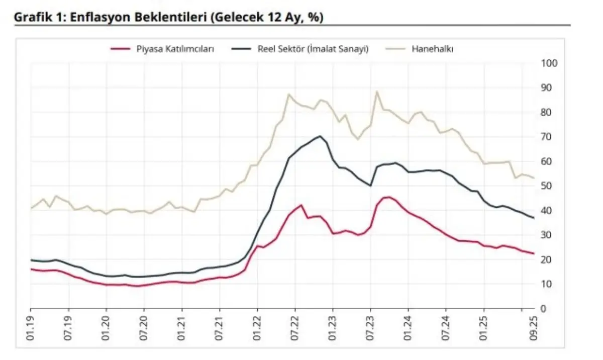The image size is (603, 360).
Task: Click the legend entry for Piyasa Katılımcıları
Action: (175, 49)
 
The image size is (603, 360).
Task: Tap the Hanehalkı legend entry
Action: (433, 49)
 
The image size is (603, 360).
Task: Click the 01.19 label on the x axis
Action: (31, 327)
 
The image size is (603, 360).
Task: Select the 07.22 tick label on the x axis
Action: (295, 327)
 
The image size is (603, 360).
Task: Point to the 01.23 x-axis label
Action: (333, 327)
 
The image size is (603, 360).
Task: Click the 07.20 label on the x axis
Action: (144, 327)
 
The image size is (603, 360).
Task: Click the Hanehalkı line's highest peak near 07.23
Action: (377, 92)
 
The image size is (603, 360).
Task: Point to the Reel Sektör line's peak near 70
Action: (320, 136)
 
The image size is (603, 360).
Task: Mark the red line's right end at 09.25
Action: (533, 253)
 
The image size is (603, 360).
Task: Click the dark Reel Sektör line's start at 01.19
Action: (31, 260)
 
